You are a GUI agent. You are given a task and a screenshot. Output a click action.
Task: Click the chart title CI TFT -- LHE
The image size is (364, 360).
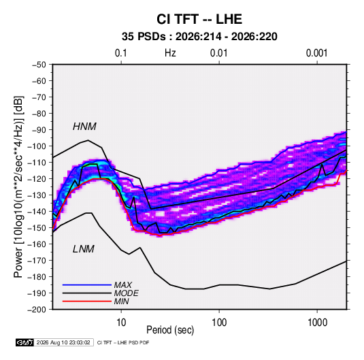199,19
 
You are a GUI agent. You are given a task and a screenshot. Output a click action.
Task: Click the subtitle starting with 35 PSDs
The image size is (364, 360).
199,37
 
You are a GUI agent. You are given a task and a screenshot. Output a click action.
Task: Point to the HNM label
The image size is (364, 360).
84,127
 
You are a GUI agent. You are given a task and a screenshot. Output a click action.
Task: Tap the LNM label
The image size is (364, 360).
84,249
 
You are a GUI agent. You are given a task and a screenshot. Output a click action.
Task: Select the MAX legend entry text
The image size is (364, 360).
122,285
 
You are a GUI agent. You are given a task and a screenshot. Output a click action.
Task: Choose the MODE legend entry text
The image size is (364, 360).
127,293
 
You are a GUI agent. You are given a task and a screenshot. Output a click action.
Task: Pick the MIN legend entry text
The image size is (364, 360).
121,301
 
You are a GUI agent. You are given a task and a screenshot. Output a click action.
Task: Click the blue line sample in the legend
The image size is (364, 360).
87,285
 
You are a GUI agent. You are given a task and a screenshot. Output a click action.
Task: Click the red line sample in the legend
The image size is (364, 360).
87,301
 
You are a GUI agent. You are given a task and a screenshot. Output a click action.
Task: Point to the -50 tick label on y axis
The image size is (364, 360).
39,65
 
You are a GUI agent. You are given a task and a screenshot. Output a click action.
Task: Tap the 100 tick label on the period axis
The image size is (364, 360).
219,323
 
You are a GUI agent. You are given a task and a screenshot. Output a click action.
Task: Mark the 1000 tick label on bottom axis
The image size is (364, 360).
317,323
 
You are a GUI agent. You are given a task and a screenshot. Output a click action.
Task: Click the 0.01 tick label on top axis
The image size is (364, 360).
219,53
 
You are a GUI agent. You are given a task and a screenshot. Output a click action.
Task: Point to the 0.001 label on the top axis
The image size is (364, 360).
317,53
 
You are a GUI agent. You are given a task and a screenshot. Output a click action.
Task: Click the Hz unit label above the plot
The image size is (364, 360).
170,53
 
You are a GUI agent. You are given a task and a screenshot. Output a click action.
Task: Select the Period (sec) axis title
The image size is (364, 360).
170,330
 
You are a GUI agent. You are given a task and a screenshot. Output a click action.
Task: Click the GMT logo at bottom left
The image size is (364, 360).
25,342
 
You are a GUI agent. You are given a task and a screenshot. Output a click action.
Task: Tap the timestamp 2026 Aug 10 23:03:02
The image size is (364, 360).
63,342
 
